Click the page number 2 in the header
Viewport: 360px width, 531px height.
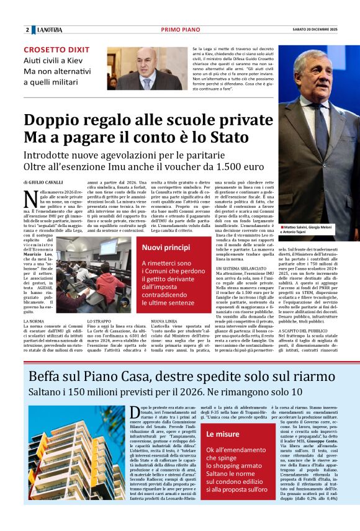click(x=27, y=30)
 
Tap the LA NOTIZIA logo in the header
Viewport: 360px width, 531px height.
click(x=49, y=30)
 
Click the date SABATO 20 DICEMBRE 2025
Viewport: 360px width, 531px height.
click(x=315, y=30)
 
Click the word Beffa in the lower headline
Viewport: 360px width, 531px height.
click(x=48, y=376)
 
